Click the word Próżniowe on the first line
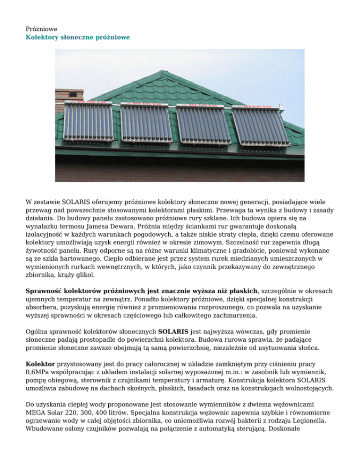[x=41, y=29]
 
